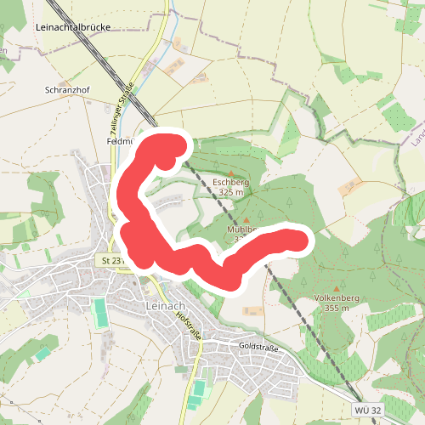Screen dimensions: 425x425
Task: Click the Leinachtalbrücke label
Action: (x=74, y=27)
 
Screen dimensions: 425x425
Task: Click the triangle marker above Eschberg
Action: (x=231, y=173)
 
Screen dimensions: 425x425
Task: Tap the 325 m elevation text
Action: (x=231, y=193)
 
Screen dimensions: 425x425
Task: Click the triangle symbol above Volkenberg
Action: (x=337, y=289)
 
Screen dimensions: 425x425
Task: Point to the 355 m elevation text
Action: (x=337, y=308)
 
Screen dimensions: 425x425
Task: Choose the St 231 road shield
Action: (x=111, y=260)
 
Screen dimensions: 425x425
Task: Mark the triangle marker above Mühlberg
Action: (x=246, y=219)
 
